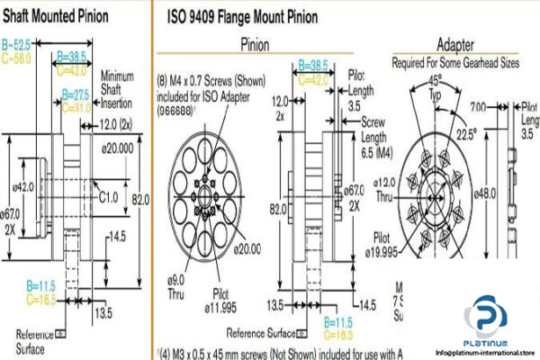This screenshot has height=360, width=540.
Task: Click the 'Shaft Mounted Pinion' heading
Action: point(59,15)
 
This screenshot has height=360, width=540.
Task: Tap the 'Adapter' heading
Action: point(456,44)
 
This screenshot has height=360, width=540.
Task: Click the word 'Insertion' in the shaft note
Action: point(118,103)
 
